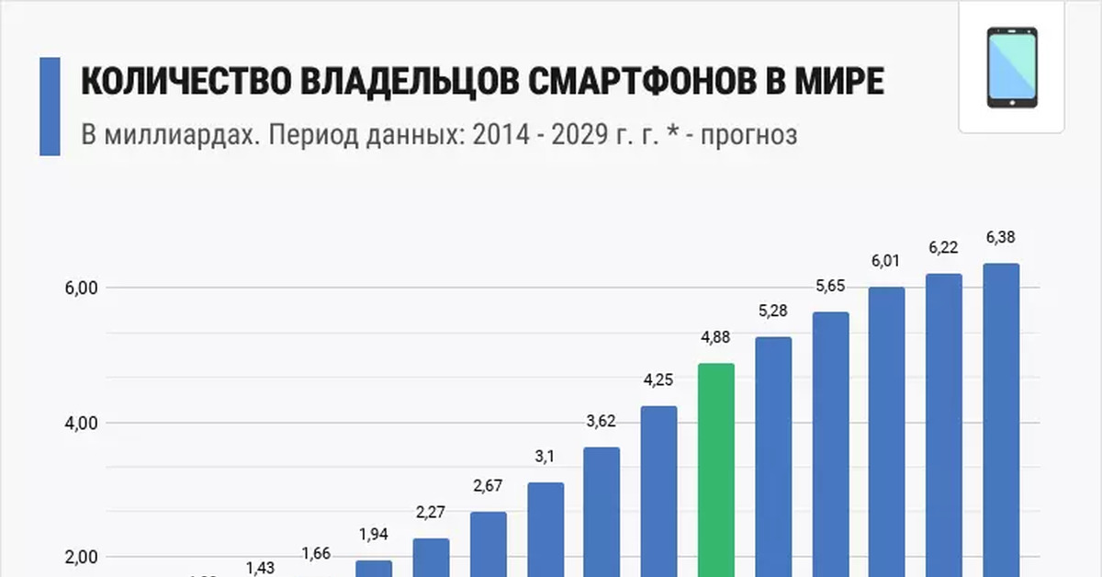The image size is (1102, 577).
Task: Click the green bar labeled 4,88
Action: click(716, 469)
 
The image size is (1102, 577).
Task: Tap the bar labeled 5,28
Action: click(773, 455)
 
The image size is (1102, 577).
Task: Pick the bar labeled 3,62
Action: click(602, 510)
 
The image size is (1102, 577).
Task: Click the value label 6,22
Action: click(944, 247)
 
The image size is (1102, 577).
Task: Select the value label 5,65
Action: click(830, 286)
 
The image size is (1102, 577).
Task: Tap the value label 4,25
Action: click(658, 380)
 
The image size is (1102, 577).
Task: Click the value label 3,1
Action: click(545, 457)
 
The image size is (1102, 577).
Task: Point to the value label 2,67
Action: click(488, 486)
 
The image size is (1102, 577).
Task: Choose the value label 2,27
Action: click(431, 513)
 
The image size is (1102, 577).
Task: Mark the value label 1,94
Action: click(374, 535)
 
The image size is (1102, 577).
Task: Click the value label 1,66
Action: click(317, 554)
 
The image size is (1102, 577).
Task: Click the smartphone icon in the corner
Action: click(1012, 68)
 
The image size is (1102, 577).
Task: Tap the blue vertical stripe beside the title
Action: click(50, 107)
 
